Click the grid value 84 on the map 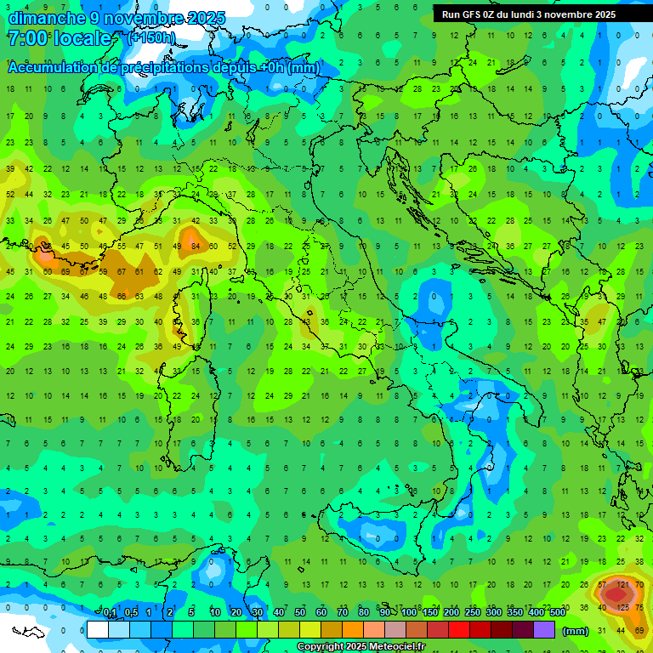click(x=196, y=247)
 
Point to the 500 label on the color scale click(x=557, y=613)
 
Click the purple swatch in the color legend click(x=544, y=630)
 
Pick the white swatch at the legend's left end click(x=98, y=630)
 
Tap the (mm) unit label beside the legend click(x=576, y=631)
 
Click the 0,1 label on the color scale click(x=110, y=613)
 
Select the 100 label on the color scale click(x=409, y=613)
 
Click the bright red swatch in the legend click(x=459, y=630)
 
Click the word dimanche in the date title click(x=47, y=18)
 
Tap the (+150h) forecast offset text click(x=151, y=37)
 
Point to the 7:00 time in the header click(x=26, y=39)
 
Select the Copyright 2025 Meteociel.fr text click(x=361, y=647)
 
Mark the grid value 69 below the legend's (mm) click(x=639, y=630)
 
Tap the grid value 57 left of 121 click(x=602, y=585)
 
